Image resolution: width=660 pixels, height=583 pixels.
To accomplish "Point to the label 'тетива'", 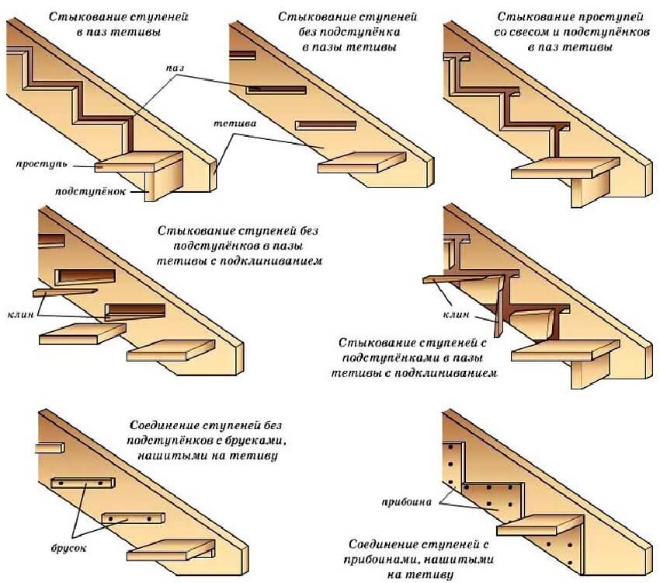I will pyautogui.click(x=231, y=124).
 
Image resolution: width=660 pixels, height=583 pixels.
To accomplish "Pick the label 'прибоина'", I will pyautogui.click(x=405, y=502).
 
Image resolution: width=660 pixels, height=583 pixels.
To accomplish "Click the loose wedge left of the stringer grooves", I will pyautogui.click(x=64, y=292).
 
